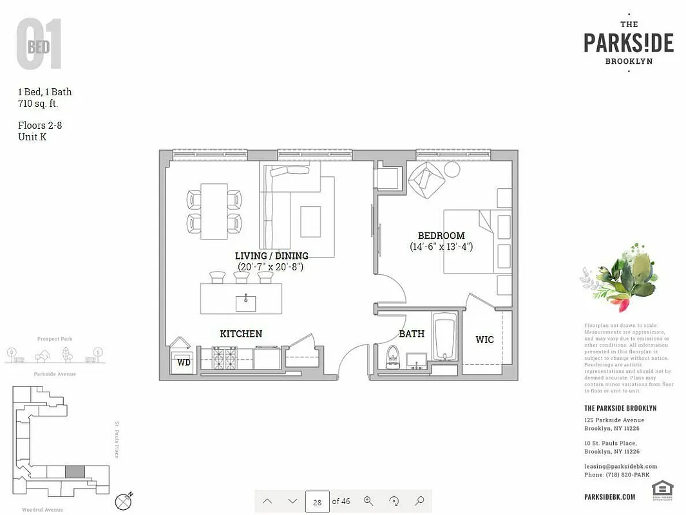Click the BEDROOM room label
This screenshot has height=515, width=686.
(441, 236)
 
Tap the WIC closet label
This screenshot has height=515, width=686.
(484, 339)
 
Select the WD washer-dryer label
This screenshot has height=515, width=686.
(184, 362)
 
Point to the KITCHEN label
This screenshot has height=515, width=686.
(241, 333)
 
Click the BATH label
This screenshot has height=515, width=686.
(412, 333)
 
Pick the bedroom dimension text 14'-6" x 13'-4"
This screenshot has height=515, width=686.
(441, 247)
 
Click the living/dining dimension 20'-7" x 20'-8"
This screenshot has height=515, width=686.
(271, 266)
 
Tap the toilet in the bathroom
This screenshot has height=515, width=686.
(392, 357)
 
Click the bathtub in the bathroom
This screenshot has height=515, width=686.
(444, 337)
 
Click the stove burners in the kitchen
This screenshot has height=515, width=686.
(225, 357)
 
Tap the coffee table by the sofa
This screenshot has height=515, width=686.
(310, 221)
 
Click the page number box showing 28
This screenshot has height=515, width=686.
(317, 501)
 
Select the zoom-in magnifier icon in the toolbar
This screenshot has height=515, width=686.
(368, 501)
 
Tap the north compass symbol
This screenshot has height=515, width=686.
(124, 501)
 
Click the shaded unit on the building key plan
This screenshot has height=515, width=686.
(75, 472)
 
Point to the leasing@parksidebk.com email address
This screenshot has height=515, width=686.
(620, 466)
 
